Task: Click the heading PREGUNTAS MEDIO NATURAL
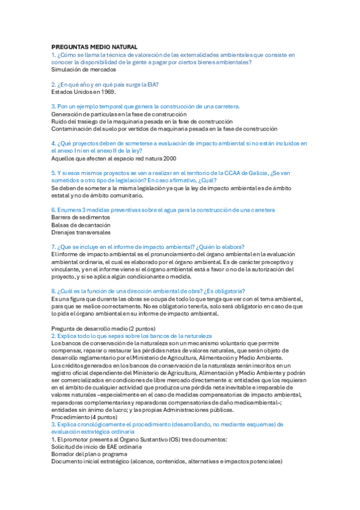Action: (x=94, y=47)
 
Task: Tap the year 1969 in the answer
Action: (x=106, y=92)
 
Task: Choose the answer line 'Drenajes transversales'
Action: (x=81, y=232)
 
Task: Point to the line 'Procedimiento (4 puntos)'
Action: (x=84, y=417)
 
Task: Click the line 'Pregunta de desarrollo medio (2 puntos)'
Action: (x=103, y=328)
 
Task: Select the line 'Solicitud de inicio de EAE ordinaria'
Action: (x=97, y=447)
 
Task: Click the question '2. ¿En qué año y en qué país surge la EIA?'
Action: (x=109, y=84)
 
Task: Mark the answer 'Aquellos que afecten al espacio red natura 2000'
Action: (x=114, y=158)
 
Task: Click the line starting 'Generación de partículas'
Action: (x=119, y=114)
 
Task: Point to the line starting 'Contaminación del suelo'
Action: (x=164, y=128)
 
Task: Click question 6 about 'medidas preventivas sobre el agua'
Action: (x=163, y=210)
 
